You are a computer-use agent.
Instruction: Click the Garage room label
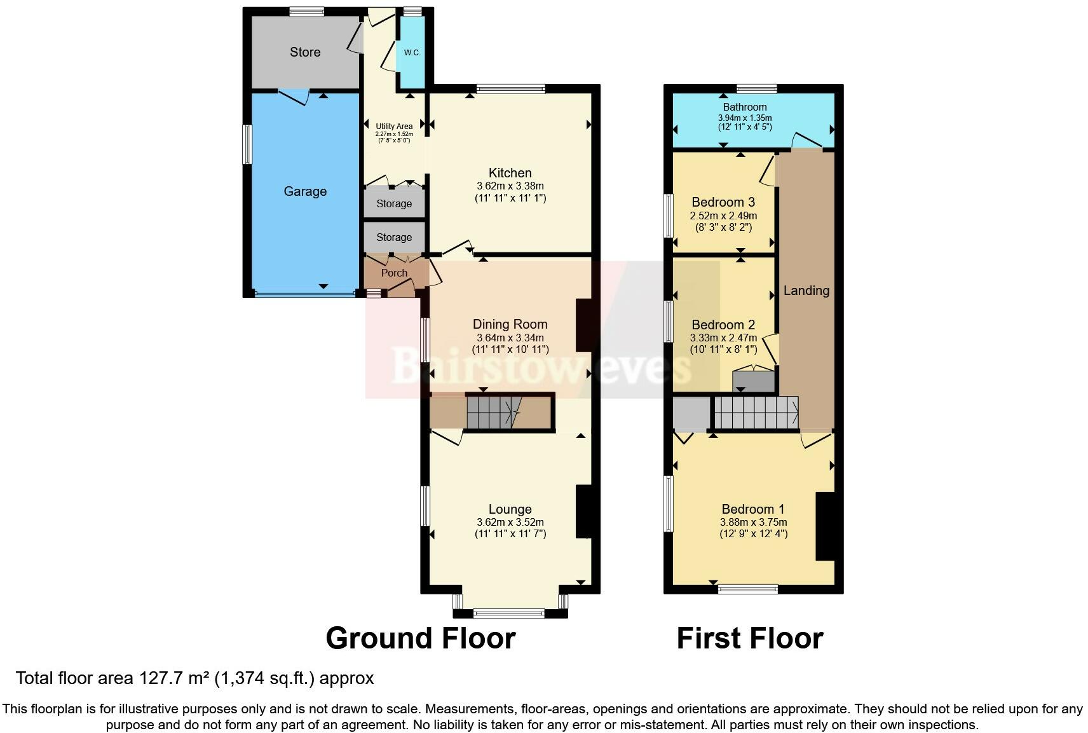coord(305,191)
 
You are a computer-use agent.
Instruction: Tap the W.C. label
coord(412,53)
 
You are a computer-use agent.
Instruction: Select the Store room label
coord(305,52)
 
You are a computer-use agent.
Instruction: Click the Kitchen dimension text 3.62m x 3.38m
coord(510,186)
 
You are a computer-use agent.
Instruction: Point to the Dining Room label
coord(510,324)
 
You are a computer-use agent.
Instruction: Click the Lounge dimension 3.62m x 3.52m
coord(510,522)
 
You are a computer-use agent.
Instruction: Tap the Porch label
coord(394,273)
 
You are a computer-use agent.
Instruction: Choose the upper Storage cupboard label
coord(394,203)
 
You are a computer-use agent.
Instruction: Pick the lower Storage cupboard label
coord(394,237)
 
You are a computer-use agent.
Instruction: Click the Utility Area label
coord(394,127)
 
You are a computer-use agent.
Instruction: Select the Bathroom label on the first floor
coord(745,107)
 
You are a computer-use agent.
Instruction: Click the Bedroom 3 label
coord(723,202)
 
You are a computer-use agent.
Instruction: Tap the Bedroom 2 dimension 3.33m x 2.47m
coord(723,338)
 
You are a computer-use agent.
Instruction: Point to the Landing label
coord(806,291)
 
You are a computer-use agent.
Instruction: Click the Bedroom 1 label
coord(753,509)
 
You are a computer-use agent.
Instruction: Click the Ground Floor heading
coord(421,638)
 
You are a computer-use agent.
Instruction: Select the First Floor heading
coord(750,638)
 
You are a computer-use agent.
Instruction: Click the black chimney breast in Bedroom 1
coord(826,526)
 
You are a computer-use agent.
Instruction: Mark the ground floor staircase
coord(494,413)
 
